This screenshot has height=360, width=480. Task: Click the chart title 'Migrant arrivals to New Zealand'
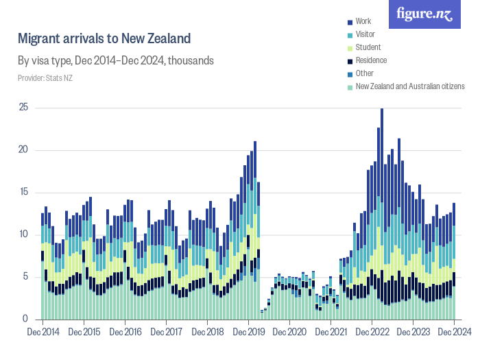(104, 38)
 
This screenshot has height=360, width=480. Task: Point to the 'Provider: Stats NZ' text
(45, 77)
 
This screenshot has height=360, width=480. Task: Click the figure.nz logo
(424, 14)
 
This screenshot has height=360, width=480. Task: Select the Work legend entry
(363, 22)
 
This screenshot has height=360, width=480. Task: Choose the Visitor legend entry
(365, 35)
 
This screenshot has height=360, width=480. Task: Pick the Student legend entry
(367, 48)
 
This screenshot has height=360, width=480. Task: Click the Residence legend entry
(371, 60)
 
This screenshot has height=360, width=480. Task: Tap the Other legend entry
(364, 73)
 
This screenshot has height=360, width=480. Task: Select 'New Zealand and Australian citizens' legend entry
(409, 86)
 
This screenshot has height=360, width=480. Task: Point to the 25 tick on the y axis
(23, 108)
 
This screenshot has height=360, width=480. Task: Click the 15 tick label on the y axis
(23, 192)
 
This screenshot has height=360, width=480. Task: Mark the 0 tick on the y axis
(25, 319)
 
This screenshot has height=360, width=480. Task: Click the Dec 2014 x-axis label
(43, 332)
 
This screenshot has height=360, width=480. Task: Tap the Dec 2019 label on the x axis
(248, 332)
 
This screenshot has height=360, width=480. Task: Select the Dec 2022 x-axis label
(372, 332)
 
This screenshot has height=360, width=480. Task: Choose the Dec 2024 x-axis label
(453, 332)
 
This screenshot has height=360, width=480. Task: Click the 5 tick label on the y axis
(25, 277)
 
